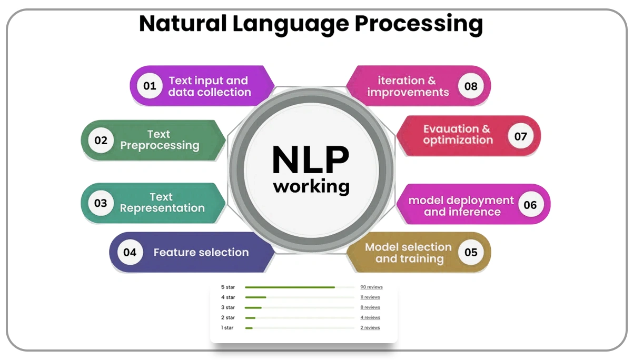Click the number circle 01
150,86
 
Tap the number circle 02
101,141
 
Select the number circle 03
101,203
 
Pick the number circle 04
130,253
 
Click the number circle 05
471,253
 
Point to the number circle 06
530,205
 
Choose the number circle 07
520,136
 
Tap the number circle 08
471,86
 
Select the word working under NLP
311,186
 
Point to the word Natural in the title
183,24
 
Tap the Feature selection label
201,253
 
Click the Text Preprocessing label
160,140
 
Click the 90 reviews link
371,287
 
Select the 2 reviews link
370,328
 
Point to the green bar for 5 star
290,287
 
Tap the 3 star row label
228,307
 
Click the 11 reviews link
370,297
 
